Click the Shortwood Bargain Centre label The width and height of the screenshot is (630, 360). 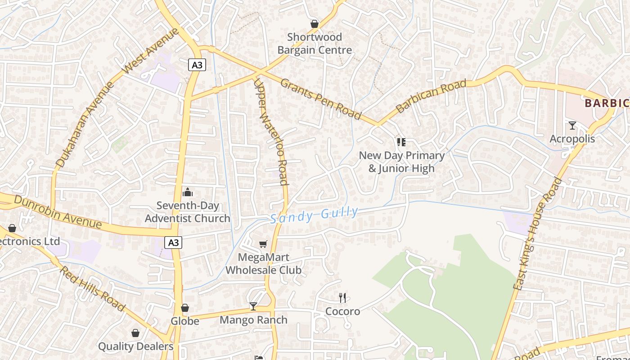click(x=314, y=44)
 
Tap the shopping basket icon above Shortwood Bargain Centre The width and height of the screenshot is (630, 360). click(x=315, y=24)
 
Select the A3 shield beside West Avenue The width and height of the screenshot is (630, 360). click(x=197, y=65)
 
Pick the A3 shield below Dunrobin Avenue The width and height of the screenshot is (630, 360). click(x=173, y=243)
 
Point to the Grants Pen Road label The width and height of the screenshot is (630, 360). click(x=321, y=99)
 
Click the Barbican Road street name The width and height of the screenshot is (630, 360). click(x=431, y=96)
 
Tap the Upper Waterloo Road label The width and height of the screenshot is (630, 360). click(x=270, y=132)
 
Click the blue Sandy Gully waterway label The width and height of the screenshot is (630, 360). click(x=315, y=215)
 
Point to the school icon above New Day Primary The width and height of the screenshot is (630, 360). click(x=401, y=143)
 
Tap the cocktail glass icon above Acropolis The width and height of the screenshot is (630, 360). click(x=572, y=126)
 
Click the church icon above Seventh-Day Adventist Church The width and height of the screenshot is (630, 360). click(x=188, y=193)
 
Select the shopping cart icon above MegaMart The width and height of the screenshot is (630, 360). click(x=263, y=244)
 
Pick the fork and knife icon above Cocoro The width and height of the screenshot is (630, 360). click(x=342, y=297)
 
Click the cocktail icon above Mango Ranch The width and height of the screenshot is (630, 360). click(x=253, y=306)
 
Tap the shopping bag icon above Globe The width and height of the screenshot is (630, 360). click(x=185, y=308)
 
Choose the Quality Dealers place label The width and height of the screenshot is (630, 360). click(x=135, y=346)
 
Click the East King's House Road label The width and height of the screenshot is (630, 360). click(x=538, y=234)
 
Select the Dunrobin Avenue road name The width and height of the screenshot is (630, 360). click(x=58, y=211)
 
